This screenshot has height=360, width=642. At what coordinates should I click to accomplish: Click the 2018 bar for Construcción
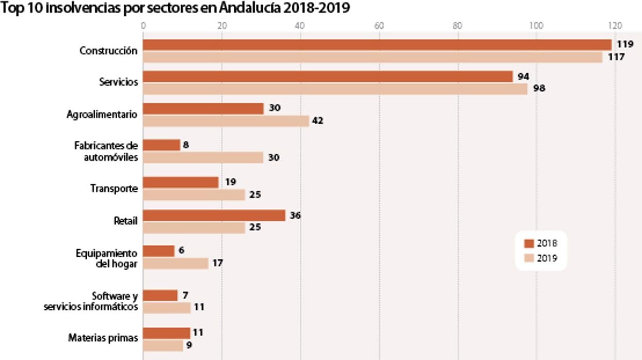377,45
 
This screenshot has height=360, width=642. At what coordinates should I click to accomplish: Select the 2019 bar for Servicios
335,89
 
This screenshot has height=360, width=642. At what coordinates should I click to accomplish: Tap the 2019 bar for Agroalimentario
226,121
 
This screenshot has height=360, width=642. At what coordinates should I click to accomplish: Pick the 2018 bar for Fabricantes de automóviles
161,145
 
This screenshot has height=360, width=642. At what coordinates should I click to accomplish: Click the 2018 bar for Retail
214,216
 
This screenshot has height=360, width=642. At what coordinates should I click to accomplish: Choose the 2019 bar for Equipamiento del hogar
175,263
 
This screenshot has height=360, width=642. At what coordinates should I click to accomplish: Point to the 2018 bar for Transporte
181,183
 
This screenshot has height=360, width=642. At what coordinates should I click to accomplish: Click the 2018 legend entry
541,243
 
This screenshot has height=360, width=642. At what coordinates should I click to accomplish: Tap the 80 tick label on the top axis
457,25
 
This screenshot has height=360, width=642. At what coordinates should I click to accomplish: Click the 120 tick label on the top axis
614,25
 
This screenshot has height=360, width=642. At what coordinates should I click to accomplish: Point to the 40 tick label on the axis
300,25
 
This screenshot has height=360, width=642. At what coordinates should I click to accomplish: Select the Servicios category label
118,82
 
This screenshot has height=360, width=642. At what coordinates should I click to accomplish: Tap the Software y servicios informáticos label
91,302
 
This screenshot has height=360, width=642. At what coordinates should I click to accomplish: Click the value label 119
625,45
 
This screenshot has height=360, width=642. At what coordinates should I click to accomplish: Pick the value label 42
317,121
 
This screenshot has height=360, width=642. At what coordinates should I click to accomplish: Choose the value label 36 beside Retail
295,216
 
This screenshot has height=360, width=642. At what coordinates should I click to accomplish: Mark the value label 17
217,263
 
